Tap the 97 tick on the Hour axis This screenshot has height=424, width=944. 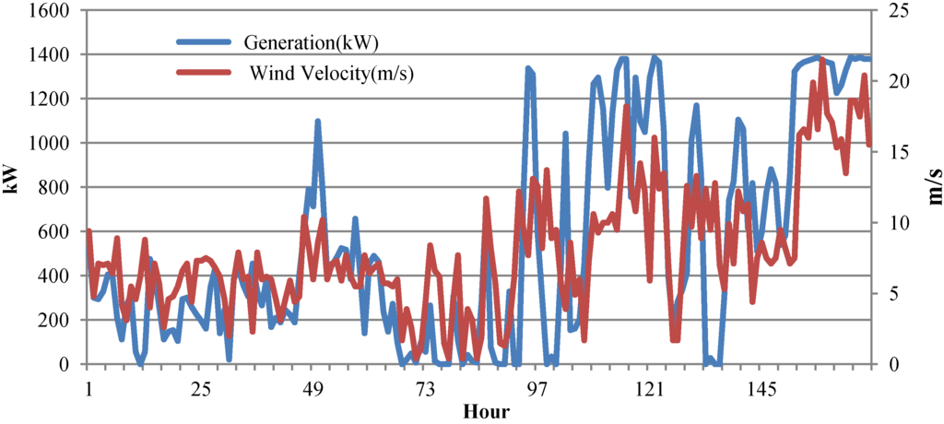click(x=537, y=390)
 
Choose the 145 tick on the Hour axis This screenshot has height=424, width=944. click(x=762, y=390)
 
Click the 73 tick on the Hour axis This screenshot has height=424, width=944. click(x=425, y=390)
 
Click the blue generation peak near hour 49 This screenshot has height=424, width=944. click(x=317, y=122)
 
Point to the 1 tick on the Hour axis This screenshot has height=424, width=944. click(x=88, y=390)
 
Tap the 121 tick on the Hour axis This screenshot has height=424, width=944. click(x=650, y=390)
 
